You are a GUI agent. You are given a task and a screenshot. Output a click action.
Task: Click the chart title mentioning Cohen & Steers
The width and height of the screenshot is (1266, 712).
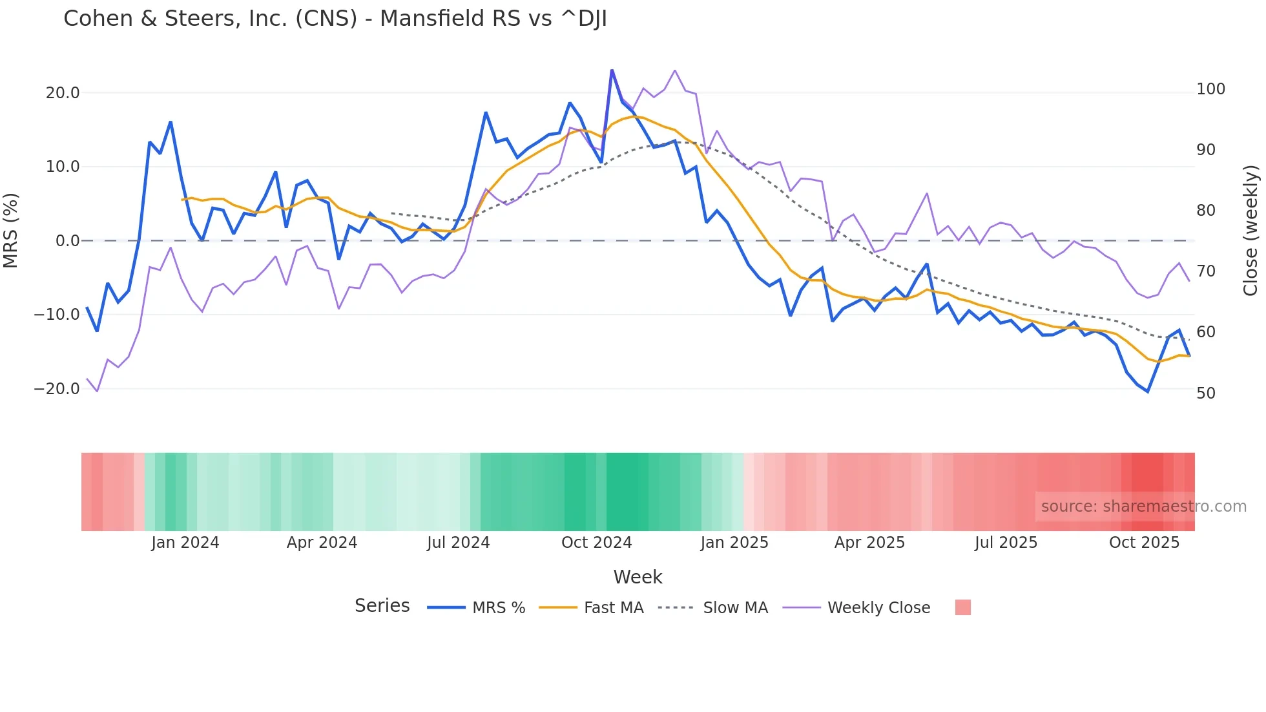click(x=335, y=19)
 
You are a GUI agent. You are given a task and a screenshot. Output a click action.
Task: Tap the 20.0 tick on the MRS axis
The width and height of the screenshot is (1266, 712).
click(x=63, y=93)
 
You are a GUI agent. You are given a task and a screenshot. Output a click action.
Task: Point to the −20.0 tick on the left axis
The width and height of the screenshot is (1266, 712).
click(x=57, y=389)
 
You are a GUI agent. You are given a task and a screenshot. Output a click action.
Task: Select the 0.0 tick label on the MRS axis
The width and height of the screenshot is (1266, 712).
click(x=67, y=241)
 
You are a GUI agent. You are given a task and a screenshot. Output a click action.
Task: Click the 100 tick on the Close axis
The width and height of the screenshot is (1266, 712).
click(x=1210, y=89)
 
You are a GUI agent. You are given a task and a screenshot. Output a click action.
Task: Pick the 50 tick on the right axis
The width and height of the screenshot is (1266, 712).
click(x=1206, y=393)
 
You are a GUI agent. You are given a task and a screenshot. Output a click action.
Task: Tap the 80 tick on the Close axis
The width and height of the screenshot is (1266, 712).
click(x=1206, y=211)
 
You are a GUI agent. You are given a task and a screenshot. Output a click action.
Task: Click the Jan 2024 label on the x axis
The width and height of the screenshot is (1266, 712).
click(x=185, y=543)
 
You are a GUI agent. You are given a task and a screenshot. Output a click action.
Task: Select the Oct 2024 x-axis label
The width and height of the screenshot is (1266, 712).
click(x=596, y=543)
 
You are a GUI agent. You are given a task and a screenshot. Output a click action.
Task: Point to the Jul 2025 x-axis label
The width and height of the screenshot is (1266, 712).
click(x=1006, y=543)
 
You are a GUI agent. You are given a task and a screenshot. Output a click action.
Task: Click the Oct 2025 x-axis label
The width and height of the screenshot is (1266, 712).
click(x=1144, y=543)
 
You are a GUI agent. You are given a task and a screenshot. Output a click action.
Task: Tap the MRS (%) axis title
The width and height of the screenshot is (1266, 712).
click(x=11, y=231)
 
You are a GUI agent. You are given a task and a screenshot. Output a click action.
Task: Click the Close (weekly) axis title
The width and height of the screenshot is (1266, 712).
click(x=1250, y=231)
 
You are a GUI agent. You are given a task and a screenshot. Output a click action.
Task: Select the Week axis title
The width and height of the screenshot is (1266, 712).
click(x=638, y=577)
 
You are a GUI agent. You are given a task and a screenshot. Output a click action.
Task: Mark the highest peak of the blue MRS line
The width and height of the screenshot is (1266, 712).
click(x=612, y=70)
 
